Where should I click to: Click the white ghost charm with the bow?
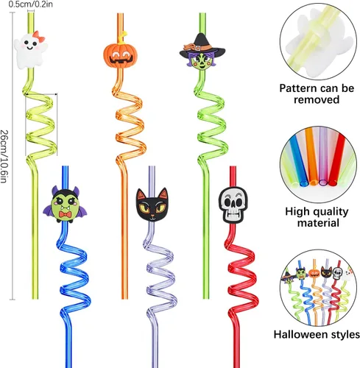coord(30,50)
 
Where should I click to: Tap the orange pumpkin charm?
coord(120,55)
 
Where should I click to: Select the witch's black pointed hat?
coord(202,46)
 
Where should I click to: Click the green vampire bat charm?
coord(65,205)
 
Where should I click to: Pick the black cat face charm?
coord(152,205)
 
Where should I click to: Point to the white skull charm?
coord(233,205)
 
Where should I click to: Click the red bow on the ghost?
coord(39,36)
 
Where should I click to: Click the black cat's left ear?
coord(141,194)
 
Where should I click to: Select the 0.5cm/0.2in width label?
coord(31,4)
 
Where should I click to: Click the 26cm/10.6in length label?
coord(4,156)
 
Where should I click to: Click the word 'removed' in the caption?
coord(317,99)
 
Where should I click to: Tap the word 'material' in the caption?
coord(318,223)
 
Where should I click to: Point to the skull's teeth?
coord(233,216)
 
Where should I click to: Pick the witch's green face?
coord(202,62)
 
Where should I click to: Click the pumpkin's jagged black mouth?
coord(121,60)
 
